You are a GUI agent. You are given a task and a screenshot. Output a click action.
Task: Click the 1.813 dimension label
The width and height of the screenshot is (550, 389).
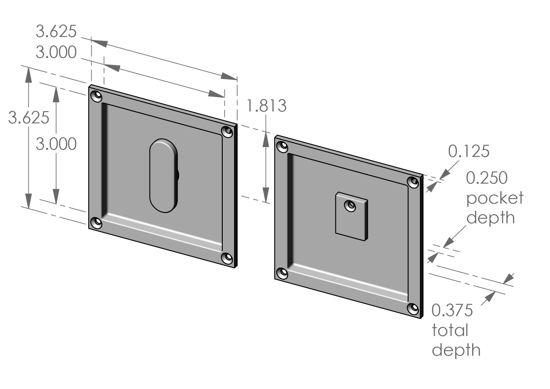click(266, 106)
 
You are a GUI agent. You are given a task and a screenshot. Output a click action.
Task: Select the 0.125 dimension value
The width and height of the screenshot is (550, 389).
click(468, 151)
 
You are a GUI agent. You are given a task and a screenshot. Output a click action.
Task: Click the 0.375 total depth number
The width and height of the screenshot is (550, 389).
click(452, 311)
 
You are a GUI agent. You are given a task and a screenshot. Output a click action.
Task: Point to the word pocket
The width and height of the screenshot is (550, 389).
click(495, 198)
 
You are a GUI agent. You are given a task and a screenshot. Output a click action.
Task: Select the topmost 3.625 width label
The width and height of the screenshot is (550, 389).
click(56, 32)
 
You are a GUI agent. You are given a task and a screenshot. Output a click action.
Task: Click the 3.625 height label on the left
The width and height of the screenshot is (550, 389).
click(28, 118)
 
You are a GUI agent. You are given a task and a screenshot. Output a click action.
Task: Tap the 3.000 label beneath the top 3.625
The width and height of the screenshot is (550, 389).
click(56, 52)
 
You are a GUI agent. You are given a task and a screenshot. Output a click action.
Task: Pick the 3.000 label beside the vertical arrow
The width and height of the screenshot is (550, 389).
click(56, 144)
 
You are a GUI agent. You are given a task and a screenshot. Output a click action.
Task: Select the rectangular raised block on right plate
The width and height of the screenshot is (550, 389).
click(352, 216)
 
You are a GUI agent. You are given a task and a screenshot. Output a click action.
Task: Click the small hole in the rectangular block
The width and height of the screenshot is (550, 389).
click(351, 206)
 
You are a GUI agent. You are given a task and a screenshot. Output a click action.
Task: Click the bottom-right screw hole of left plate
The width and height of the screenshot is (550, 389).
click(228, 258)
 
